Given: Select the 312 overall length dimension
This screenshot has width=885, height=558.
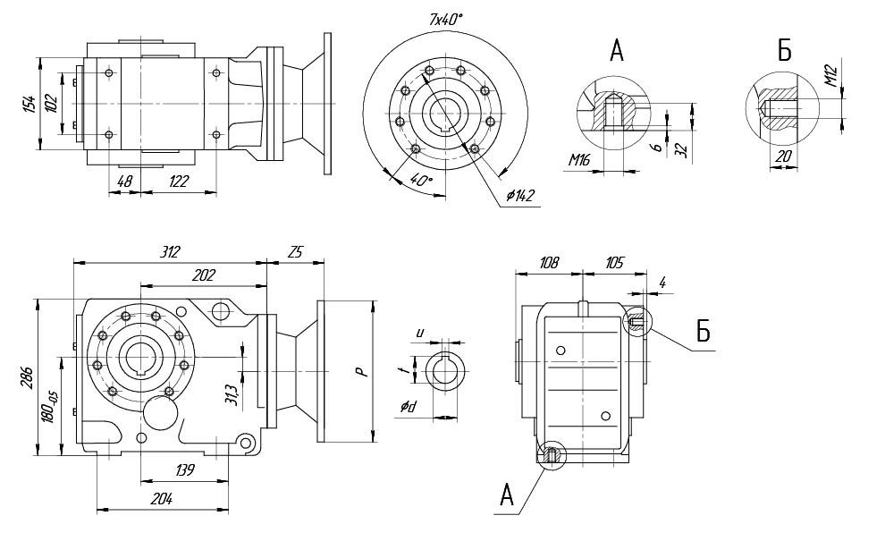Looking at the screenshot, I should pyautogui.click(x=170, y=253).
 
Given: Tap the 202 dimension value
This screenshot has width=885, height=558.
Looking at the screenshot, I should pyautogui.click(x=205, y=275).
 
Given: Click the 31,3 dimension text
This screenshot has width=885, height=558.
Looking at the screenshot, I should pyautogui.click(x=232, y=393).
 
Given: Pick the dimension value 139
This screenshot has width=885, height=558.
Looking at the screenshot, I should pyautogui.click(x=186, y=469).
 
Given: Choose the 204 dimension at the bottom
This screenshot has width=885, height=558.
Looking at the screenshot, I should pyautogui.click(x=162, y=500).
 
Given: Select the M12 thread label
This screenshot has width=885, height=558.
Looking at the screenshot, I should pyautogui.click(x=830, y=77).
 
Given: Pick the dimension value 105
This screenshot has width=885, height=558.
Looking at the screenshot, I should pyautogui.click(x=613, y=264).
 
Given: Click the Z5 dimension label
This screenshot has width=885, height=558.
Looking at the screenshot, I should pyautogui.click(x=295, y=253).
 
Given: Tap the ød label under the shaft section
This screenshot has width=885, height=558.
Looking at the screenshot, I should pyautogui.click(x=408, y=407).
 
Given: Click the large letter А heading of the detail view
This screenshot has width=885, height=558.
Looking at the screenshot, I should pyautogui.click(x=617, y=52).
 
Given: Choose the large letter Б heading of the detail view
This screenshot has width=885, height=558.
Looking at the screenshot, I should pyautogui.click(x=784, y=51).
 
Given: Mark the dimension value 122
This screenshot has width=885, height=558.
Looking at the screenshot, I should pyautogui.click(x=179, y=182).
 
